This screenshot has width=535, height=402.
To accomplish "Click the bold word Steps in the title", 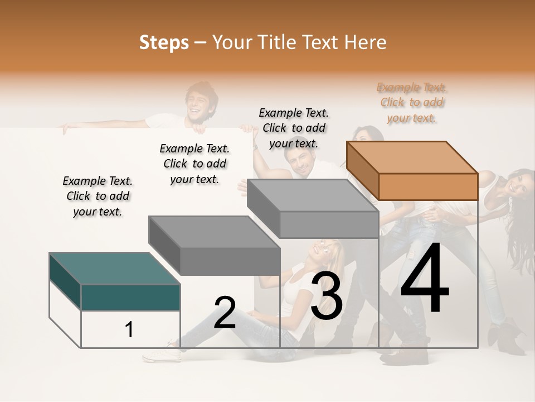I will [x=164, y=42].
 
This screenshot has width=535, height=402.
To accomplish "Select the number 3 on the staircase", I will [x=326, y=296].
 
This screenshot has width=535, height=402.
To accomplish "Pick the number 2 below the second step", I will [x=225, y=313].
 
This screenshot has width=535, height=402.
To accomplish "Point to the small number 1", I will [x=129, y=329].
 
